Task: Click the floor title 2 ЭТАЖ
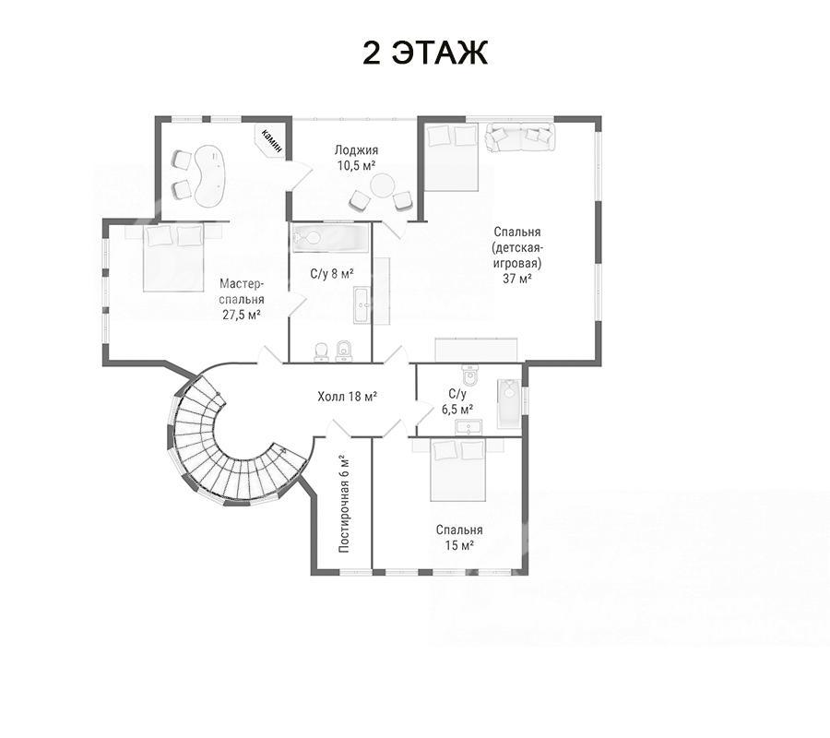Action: pyautogui.click(x=424, y=53)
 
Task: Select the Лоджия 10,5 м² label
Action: pyautogui.click(x=356, y=158)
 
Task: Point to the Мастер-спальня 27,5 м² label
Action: pyautogui.click(x=242, y=299)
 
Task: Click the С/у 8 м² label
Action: pyautogui.click(x=331, y=274)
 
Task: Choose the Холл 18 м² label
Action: pyautogui.click(x=347, y=396)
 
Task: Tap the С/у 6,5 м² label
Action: pyautogui.click(x=457, y=401)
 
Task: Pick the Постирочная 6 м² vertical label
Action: pyautogui.click(x=344, y=504)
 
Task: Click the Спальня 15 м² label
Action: pyautogui.click(x=459, y=537)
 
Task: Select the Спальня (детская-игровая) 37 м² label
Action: pyautogui.click(x=517, y=256)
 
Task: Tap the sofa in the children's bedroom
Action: pyautogui.click(x=520, y=137)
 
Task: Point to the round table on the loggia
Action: pyautogui.click(x=382, y=187)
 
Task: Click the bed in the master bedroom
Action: pyautogui.click(x=173, y=256)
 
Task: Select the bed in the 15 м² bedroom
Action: pyautogui.click(x=458, y=470)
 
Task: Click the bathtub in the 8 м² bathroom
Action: pyautogui.click(x=330, y=238)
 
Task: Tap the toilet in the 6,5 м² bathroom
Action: pyautogui.click(x=470, y=375)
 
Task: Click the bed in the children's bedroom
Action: pyautogui.click(x=452, y=157)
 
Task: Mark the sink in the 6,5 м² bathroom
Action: pyautogui.click(x=468, y=427)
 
